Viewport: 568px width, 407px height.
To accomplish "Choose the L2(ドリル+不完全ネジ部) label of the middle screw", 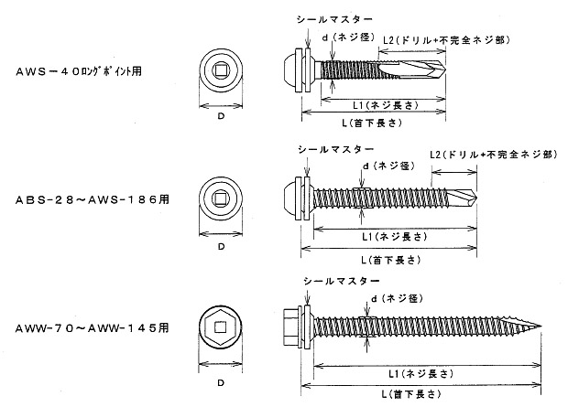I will point(492,155).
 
